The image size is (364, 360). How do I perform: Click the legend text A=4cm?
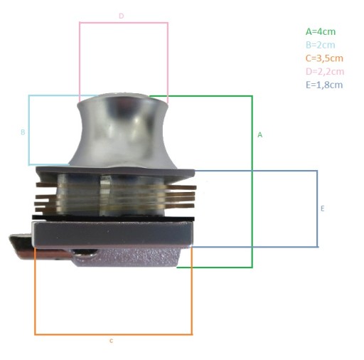321,31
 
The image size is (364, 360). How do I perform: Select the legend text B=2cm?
320,45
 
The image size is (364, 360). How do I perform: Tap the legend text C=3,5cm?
324,58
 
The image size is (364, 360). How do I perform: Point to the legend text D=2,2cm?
325,72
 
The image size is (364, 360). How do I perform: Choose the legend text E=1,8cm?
324,85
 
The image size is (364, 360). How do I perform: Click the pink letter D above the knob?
122,16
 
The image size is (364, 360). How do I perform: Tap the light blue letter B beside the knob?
23,132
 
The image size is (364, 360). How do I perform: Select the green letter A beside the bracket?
260,135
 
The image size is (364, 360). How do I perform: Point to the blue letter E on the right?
322,208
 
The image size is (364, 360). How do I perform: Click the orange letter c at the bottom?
112,341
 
